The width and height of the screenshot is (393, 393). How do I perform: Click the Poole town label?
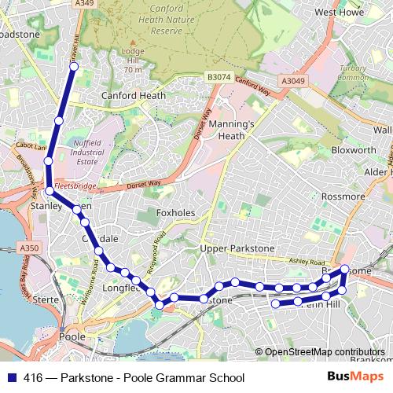pos(72,336)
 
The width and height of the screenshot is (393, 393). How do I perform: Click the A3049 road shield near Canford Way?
pos(292,80)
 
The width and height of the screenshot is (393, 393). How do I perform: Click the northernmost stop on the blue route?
pos(74,67)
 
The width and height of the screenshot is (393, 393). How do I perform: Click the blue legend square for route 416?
pos(13,377)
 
